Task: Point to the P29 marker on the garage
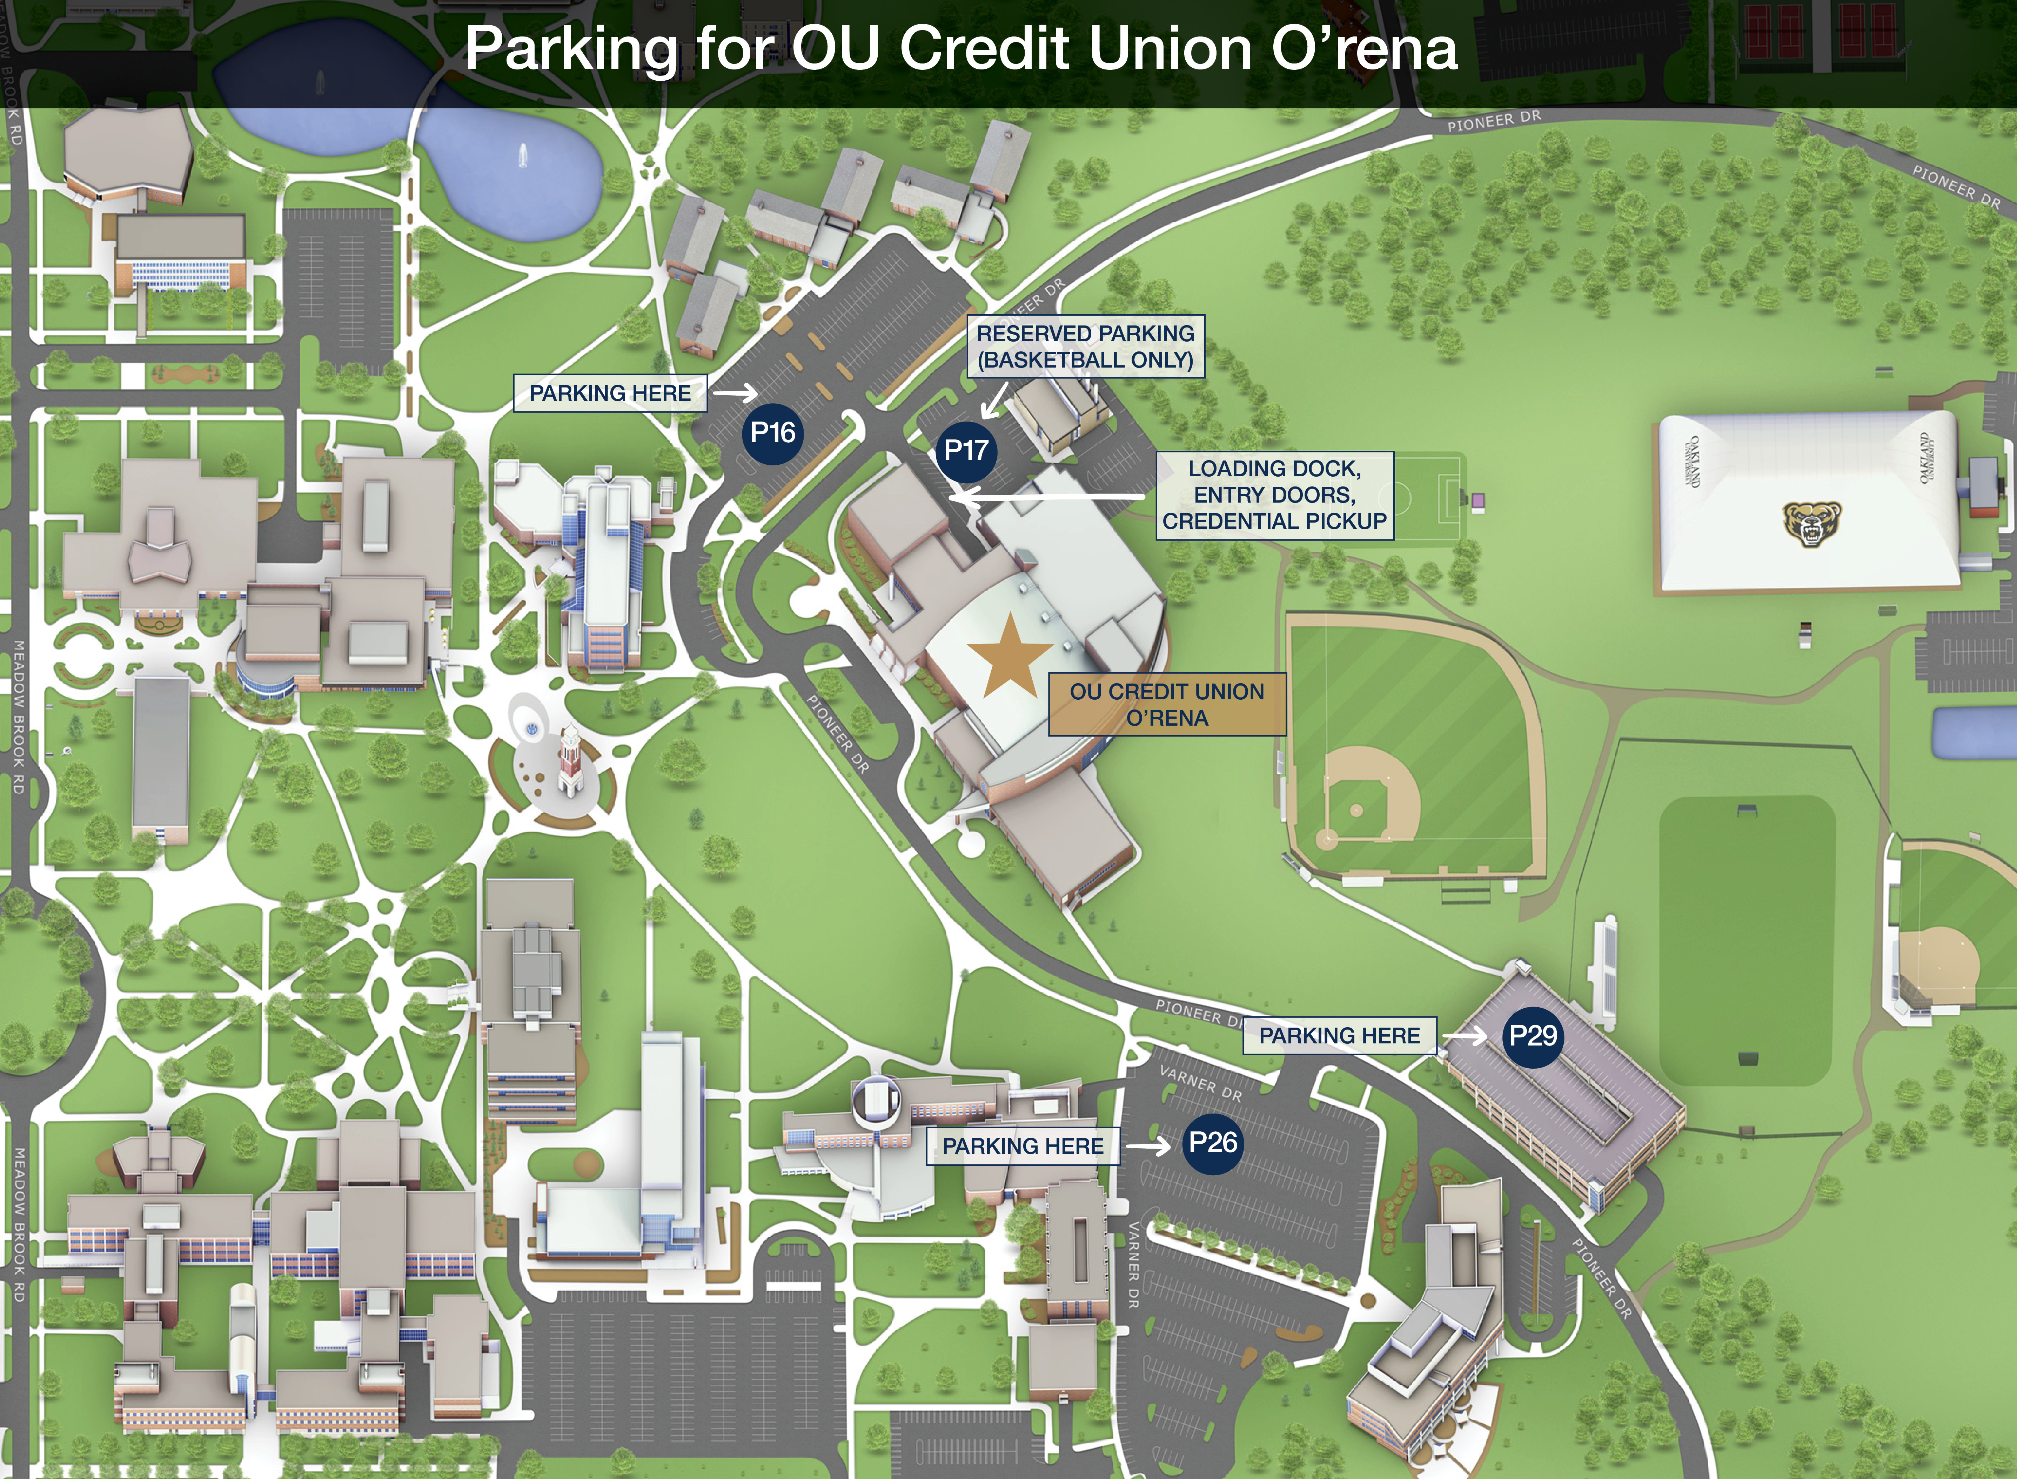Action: click(x=1533, y=1036)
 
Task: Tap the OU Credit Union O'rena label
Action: click(x=1166, y=705)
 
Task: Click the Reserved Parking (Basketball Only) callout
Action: click(x=1085, y=347)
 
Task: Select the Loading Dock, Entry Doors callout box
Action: click(x=1274, y=495)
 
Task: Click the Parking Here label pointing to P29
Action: click(x=1339, y=1036)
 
